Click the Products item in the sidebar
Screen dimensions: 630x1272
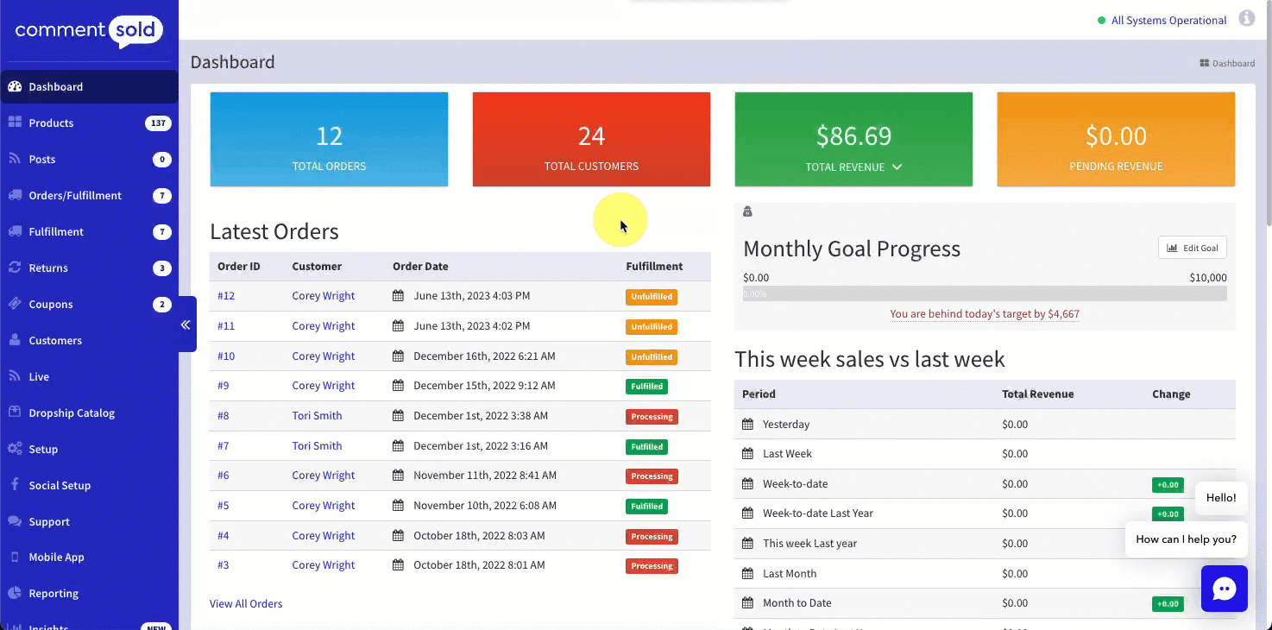[x=51, y=123]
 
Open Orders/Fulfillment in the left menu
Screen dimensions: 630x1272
[x=75, y=196]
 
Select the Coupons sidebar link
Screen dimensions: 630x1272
[x=50, y=305]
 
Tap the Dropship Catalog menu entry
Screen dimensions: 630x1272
[x=72, y=413]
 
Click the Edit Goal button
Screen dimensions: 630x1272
[x=1192, y=248]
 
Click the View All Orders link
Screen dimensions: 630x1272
[x=246, y=604]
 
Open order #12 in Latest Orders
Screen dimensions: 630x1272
[x=226, y=296]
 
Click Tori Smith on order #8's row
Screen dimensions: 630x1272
[x=317, y=416]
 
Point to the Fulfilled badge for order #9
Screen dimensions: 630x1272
[x=646, y=387]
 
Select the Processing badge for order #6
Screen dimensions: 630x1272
[x=652, y=476]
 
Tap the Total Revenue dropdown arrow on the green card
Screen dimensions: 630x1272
[x=897, y=167]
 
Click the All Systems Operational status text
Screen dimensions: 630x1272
[x=1168, y=21]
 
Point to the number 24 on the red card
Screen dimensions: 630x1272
[x=591, y=136]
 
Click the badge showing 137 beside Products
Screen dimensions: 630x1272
[x=158, y=123]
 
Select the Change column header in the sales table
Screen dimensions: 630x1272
[x=1171, y=394]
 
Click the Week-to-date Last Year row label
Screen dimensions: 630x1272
[x=817, y=513]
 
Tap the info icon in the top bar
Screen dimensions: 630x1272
[x=1246, y=18]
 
